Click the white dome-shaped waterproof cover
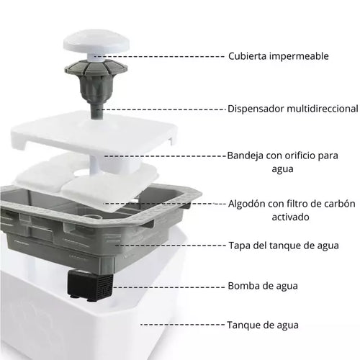coord(96,43)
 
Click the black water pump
coord(90,285)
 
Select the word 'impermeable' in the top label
coord(299,56)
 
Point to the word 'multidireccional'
coord(323,109)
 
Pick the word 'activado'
coord(290,217)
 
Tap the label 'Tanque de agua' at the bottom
coord(263,325)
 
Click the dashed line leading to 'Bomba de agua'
coord(168,287)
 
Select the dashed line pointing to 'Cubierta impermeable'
coord(159,57)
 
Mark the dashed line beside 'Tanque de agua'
coord(182,325)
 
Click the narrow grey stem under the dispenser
coord(96,110)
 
